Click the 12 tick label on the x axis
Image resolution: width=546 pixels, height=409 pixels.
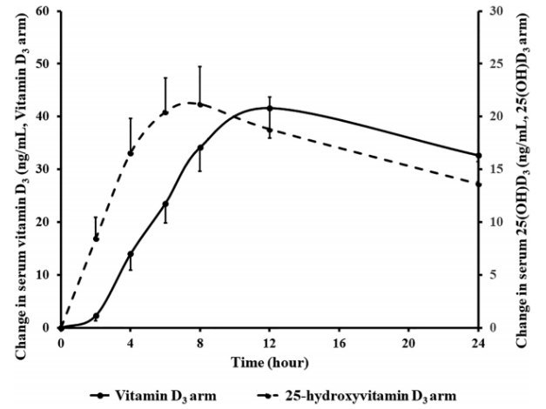(x=270, y=343)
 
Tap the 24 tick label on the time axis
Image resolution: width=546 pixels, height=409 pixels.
(x=478, y=343)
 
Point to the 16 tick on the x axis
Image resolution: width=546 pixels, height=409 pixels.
(x=340, y=343)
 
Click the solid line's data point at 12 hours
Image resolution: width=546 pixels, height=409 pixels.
(x=270, y=109)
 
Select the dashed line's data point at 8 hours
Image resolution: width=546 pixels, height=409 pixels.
(x=200, y=104)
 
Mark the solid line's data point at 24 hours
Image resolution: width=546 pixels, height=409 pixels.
(x=478, y=155)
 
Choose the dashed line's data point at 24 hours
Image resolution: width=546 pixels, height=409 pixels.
(x=478, y=184)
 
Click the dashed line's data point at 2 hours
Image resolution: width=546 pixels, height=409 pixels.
(x=96, y=238)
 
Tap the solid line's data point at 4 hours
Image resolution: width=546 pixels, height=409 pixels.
(x=131, y=254)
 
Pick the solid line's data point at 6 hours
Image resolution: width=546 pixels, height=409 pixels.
(x=165, y=204)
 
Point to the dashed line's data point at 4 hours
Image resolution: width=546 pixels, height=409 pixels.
(x=131, y=152)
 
